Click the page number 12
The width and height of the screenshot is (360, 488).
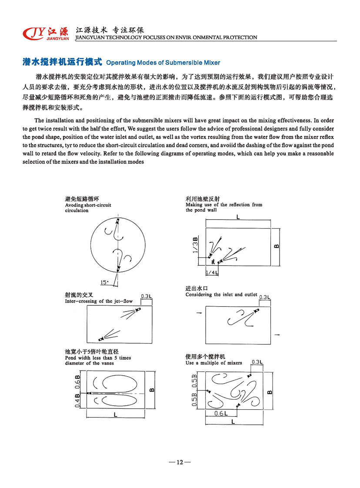coord(179,462)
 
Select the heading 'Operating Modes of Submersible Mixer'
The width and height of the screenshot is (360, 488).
coord(163,63)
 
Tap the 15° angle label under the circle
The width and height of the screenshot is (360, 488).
coord(104,282)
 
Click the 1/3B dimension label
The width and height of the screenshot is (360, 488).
coord(196,245)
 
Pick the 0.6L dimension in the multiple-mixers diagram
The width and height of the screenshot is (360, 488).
coord(221,414)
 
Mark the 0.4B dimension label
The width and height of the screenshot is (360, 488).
coord(77,400)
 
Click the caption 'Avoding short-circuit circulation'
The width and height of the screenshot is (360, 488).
coord(88,207)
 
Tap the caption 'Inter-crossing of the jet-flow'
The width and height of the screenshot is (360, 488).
coord(99,301)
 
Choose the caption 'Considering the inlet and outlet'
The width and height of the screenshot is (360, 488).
coord(221,294)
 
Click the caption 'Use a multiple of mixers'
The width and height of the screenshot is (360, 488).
coord(213,363)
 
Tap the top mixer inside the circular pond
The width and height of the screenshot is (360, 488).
coord(117,222)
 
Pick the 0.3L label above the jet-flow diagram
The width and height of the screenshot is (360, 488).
coord(146,296)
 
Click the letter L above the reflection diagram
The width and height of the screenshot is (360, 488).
coord(237,217)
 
